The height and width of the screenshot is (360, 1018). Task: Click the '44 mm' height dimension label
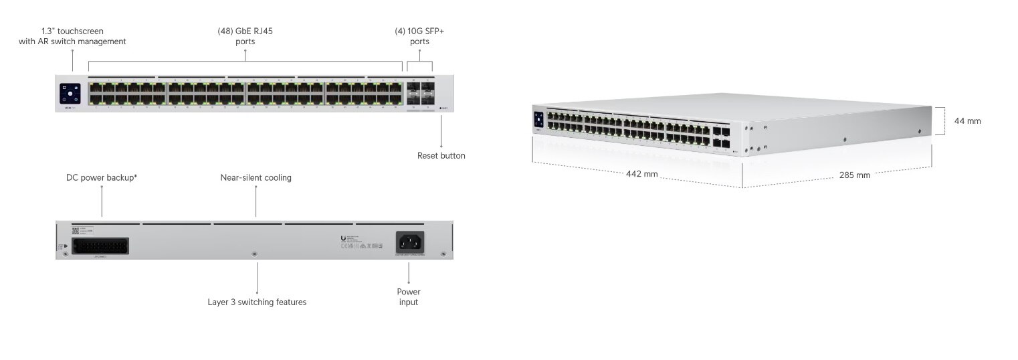coord(967,121)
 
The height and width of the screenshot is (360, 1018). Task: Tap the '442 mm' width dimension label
coord(641,174)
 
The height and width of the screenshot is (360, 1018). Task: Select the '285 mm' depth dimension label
coord(854,175)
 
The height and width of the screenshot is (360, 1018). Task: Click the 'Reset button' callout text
coord(441,156)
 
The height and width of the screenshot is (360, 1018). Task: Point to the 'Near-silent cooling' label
coord(256,178)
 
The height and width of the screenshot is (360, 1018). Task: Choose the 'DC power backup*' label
coord(102,178)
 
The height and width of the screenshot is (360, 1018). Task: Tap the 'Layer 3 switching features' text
coord(257,302)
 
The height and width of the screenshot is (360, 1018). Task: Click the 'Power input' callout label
coord(408,297)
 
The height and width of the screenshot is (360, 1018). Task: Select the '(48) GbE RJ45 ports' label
coord(245,36)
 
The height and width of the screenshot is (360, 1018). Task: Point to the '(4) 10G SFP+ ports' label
coord(419,36)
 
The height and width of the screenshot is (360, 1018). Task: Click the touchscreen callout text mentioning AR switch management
coord(72,36)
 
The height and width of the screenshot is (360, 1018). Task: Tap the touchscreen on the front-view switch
coord(70,94)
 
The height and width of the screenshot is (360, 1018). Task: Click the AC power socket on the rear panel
coord(410,242)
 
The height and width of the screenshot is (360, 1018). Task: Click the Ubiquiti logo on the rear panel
coord(343,239)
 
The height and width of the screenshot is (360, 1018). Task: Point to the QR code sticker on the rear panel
coord(75,231)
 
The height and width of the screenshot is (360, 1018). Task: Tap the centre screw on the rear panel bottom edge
coord(253,254)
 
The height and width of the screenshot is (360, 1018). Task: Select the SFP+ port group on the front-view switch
coord(420,94)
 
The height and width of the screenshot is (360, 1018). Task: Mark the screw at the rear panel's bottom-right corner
coord(442,254)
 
